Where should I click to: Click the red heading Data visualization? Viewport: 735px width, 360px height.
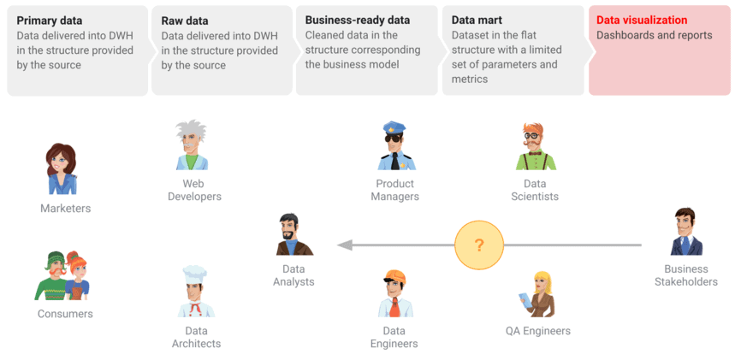[641, 20]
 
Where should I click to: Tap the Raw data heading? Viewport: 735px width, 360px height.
[184, 20]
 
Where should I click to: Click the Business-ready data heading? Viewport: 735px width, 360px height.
[357, 20]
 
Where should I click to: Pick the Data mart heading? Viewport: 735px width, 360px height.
[477, 20]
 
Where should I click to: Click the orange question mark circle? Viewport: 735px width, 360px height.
[479, 245]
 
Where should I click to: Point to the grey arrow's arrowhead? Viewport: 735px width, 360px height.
[343, 245]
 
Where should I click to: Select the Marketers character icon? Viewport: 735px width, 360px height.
[62, 169]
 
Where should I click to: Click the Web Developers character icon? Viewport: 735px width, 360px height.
[192, 145]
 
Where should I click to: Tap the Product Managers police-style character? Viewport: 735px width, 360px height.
[395, 146]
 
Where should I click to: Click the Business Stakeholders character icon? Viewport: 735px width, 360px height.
[685, 233]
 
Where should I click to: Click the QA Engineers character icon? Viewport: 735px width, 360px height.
[540, 294]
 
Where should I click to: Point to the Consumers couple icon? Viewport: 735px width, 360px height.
[62, 275]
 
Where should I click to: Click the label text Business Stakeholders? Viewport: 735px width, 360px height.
[685, 275]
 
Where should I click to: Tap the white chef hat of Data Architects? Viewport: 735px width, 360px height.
[195, 274]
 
